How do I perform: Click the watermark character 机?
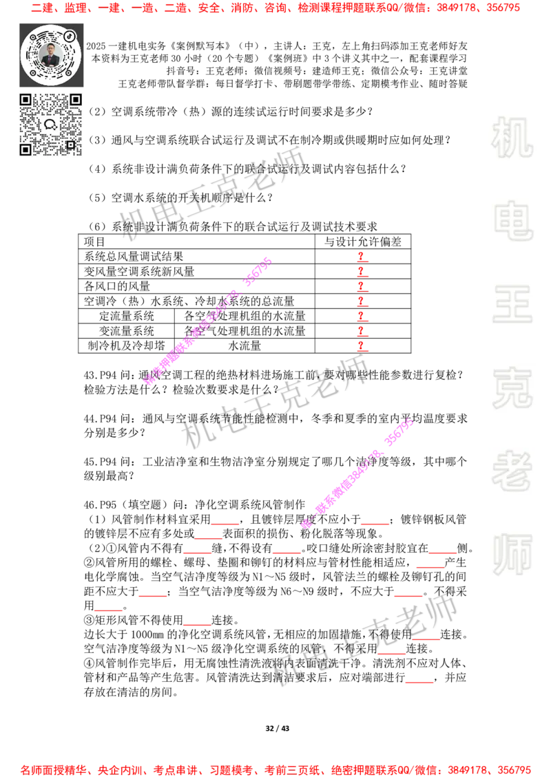click(x=512, y=138)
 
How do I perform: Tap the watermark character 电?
click(x=515, y=220)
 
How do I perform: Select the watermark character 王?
click(x=512, y=305)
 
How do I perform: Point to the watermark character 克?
click(x=512, y=388)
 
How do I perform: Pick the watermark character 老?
click(x=512, y=471)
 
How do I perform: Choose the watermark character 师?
click(x=512, y=555)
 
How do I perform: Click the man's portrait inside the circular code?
click(x=51, y=54)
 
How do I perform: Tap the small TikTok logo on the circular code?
click(x=70, y=35)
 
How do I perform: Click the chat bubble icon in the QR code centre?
click(x=50, y=125)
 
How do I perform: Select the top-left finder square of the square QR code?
click(x=25, y=100)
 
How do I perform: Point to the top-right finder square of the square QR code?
click(x=76, y=100)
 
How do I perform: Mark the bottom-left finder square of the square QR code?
click(x=25, y=149)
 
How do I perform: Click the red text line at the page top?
click(x=275, y=8)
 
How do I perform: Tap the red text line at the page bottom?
click(x=275, y=769)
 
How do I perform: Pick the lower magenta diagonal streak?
click(x=358, y=473)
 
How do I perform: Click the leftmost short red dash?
click(x=108, y=610)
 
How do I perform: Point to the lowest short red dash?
click(x=419, y=683)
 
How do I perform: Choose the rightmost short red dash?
click(x=443, y=553)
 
